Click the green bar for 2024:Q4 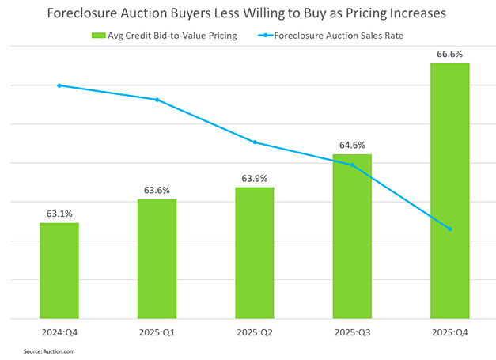click(59, 271)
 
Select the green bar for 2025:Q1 click(157, 259)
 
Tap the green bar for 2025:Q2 click(255, 252)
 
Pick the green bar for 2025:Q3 click(352, 237)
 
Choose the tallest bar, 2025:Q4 click(449, 191)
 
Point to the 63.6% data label click(157, 190)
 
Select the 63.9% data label click(255, 177)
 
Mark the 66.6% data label click(449, 53)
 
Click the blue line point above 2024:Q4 click(59, 85)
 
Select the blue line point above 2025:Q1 click(157, 100)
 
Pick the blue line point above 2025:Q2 click(255, 142)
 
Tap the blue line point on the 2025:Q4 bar click(449, 229)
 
